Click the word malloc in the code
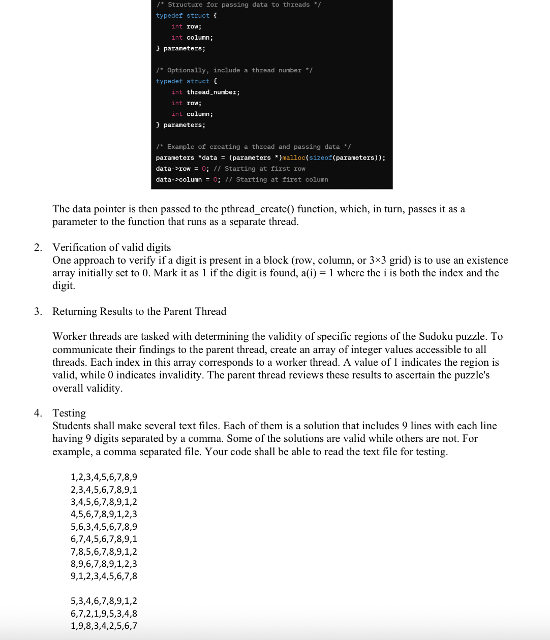tap(294, 158)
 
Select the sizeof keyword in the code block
tap(320, 158)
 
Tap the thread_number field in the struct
tap(213, 92)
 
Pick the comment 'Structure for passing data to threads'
tap(238, 5)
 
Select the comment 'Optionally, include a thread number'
tap(234, 71)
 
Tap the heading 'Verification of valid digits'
tap(112, 247)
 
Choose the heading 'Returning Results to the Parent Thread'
tap(139, 311)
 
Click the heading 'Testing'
tap(69, 413)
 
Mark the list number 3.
tap(38, 311)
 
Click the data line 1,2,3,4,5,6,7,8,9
tap(104, 477)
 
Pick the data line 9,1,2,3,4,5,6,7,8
tap(104, 576)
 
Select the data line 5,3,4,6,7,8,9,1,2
tap(104, 601)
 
